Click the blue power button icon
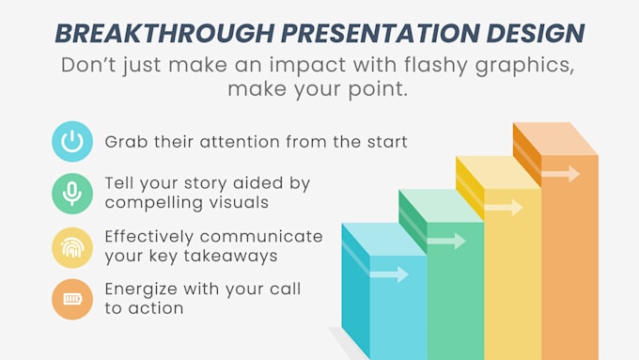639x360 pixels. pos(72,142)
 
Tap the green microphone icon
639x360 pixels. pos(72,195)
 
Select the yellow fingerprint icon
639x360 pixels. pos(72,247)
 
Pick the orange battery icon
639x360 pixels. pos(72,300)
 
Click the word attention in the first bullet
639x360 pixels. pos(243,143)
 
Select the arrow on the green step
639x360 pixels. pos(447,241)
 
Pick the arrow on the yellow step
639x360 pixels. pos(505,207)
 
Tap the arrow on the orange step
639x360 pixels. pos(561,174)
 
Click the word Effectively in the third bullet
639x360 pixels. pos(151,236)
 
